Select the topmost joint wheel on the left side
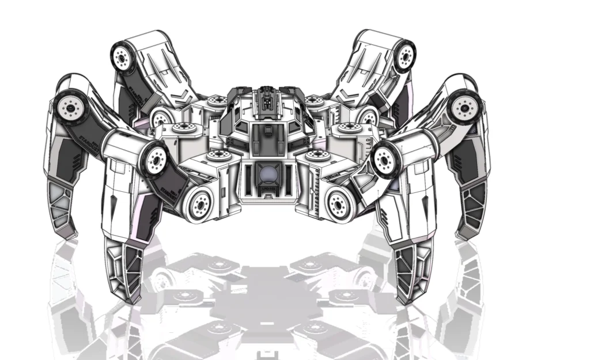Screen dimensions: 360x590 (122, 57)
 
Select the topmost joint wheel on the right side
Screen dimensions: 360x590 (406, 56)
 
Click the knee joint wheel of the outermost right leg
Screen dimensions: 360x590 (463, 107)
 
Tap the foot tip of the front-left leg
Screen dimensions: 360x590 (131, 297)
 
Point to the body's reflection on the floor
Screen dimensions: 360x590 (270, 300)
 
